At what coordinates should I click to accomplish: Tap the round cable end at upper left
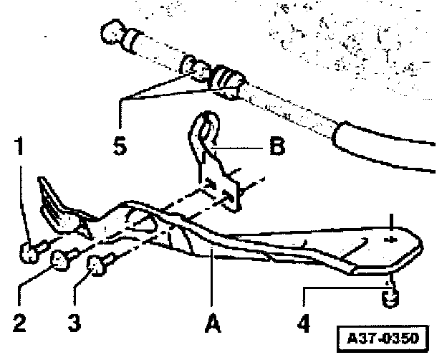(113, 34)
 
